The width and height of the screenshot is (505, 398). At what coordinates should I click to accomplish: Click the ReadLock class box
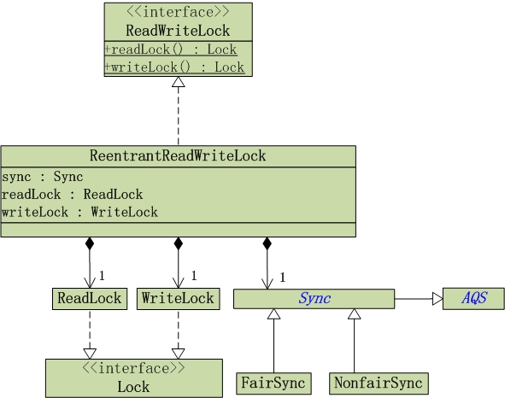pos(88,299)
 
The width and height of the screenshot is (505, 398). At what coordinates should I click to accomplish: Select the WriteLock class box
pos(178,299)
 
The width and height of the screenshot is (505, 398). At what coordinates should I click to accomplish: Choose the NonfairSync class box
pos(377,383)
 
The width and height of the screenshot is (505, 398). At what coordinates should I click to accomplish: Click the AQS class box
pos(473,299)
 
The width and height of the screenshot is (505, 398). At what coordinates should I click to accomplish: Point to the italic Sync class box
pos(314,299)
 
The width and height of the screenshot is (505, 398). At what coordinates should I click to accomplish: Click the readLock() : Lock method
pos(171,50)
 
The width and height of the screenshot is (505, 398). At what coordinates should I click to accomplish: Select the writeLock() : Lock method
pos(174,67)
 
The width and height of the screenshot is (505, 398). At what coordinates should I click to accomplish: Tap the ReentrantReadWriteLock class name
pos(178,155)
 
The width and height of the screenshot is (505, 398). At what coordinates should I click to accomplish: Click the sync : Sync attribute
pos(43,178)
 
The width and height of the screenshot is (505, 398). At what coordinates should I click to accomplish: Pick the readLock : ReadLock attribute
pos(73,195)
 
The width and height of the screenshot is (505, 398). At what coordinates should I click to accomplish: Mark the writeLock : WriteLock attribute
pos(79,212)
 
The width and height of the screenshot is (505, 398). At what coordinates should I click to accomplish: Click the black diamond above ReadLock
pos(88,243)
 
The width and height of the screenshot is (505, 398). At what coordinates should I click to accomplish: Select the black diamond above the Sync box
pos(267,243)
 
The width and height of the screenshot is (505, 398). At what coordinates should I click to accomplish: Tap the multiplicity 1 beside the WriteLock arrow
pos(193,275)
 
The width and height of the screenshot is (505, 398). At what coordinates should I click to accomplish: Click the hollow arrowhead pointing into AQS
pos(437,299)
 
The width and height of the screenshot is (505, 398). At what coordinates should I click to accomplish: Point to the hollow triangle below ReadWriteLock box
pos(178,83)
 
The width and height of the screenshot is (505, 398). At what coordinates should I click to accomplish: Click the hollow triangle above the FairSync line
pos(273,314)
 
